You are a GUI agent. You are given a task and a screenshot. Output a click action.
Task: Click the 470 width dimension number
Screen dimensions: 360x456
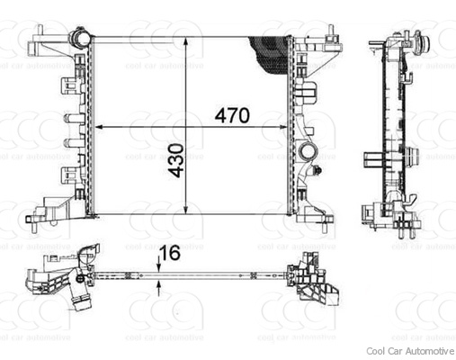pyautogui.click(x=231, y=116)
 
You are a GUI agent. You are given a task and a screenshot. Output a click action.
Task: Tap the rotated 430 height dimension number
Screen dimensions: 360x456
pyautogui.click(x=175, y=159)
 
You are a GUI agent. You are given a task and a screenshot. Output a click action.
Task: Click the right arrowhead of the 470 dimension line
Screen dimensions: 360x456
pyautogui.click(x=285, y=128)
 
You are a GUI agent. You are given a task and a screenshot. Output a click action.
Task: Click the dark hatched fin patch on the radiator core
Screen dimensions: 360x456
pyautogui.click(x=271, y=54)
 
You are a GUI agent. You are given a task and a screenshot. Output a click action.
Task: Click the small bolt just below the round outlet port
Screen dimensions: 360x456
pyautogui.click(x=317, y=171)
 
